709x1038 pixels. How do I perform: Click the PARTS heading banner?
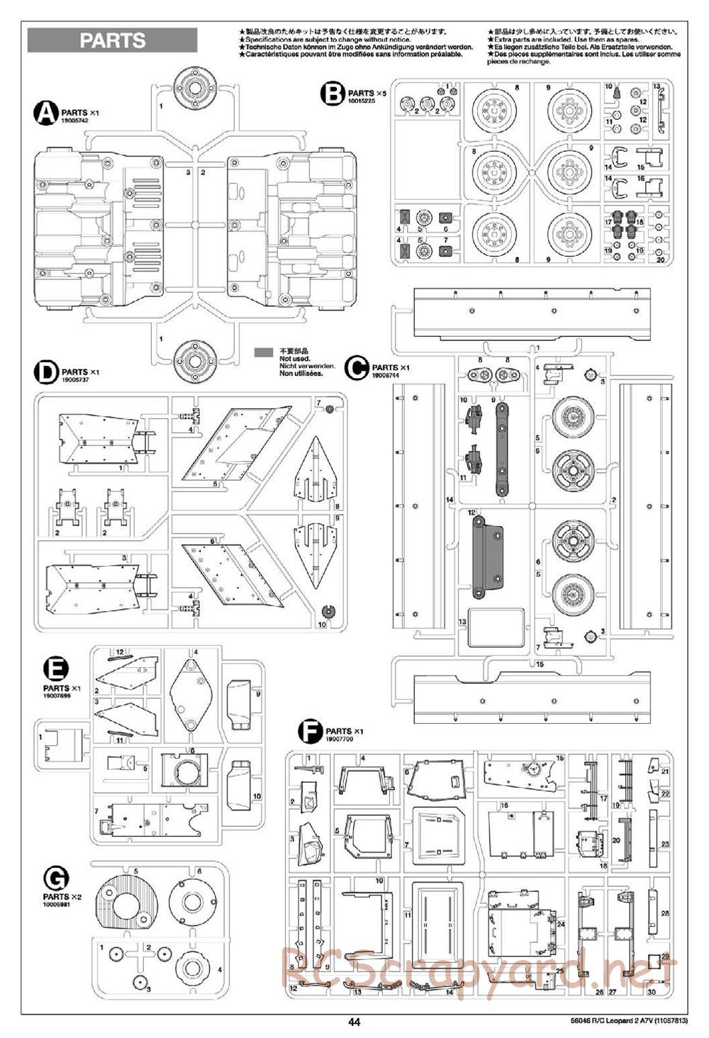tap(112, 40)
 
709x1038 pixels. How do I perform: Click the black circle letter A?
tap(46, 113)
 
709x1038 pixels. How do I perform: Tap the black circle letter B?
tap(332, 93)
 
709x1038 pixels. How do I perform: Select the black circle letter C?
tap(357, 367)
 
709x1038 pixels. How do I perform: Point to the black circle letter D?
tap(46, 372)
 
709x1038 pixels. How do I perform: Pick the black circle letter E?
tap(56, 669)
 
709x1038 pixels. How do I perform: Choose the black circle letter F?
tap(310, 731)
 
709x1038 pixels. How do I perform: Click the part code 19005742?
tap(74, 121)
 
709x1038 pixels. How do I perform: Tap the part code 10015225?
tap(362, 101)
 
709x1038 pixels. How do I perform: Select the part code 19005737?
tap(74, 380)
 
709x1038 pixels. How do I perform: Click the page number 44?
tap(354, 1022)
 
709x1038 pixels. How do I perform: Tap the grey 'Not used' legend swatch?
tap(264, 352)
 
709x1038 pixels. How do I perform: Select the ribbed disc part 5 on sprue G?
tap(129, 905)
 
